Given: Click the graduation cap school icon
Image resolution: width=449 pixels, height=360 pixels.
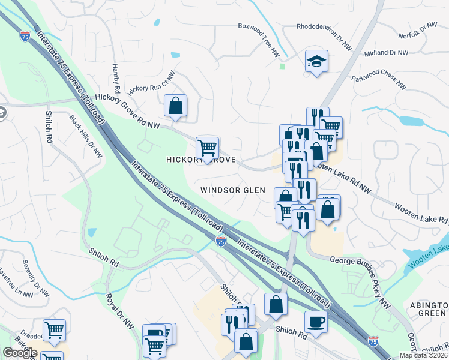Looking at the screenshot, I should click(x=316, y=61).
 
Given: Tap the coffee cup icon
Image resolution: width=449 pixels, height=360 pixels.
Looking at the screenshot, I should click(x=316, y=322).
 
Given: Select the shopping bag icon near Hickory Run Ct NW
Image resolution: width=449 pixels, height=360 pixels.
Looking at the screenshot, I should click(x=175, y=106).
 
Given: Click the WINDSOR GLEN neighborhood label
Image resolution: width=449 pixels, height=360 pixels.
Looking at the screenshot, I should click(x=233, y=190).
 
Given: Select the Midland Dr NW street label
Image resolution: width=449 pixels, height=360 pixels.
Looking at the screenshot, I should click(x=386, y=53).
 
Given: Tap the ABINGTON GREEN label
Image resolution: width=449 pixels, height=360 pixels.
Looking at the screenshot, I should click(x=428, y=309).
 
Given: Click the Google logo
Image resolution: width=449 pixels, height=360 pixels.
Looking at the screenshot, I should click(x=20, y=352).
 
